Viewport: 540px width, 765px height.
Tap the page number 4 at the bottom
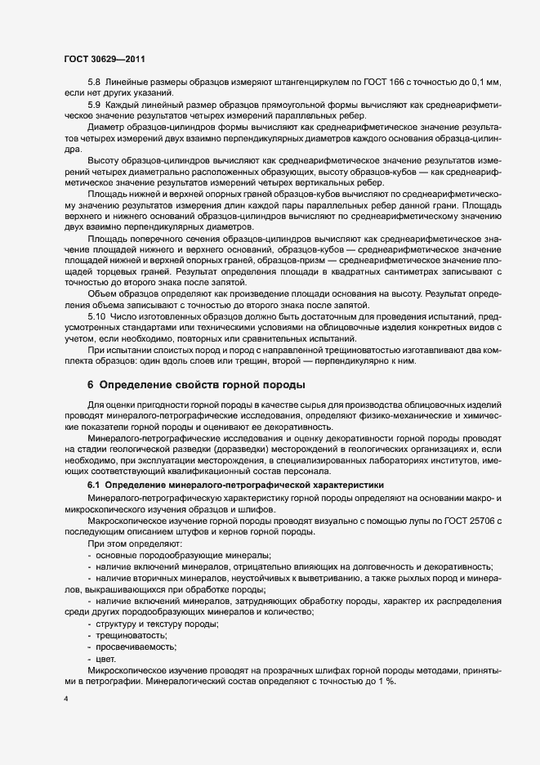tap(66, 700)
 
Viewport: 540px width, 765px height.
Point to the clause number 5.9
tap(94, 106)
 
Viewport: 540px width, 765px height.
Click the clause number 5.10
tap(96, 315)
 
